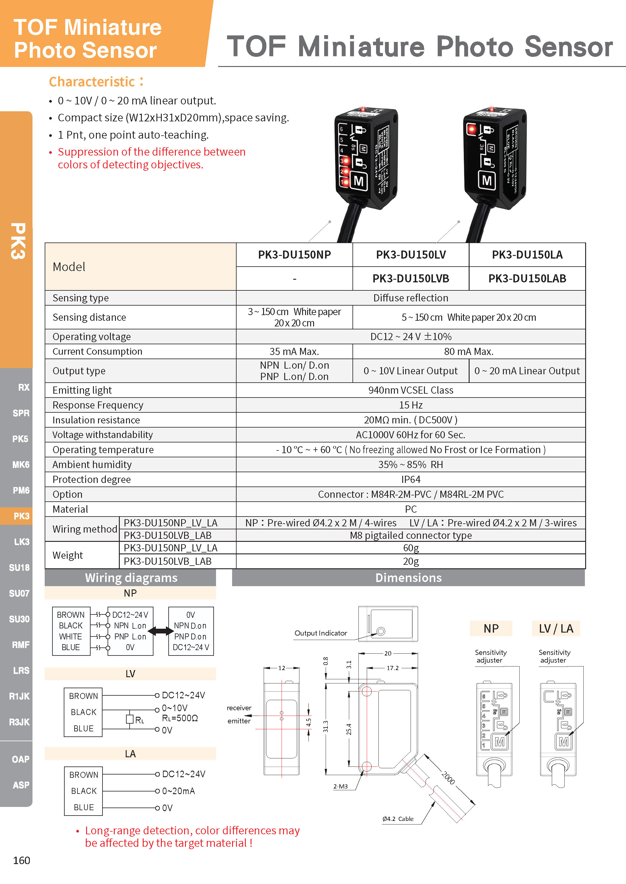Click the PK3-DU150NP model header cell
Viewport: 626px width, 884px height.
point(294,254)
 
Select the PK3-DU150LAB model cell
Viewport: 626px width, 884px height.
point(527,279)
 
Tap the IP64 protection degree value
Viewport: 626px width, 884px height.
point(411,479)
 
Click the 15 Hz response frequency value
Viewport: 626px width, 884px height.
point(411,405)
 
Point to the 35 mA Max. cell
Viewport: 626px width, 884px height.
point(294,351)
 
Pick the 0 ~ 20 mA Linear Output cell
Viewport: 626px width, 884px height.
point(527,371)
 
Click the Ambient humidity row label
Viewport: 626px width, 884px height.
point(92,465)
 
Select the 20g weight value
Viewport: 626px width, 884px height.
point(411,561)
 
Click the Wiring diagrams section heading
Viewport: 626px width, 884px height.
point(131,578)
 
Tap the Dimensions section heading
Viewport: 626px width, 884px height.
point(408,578)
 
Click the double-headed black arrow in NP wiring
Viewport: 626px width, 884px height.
point(161,631)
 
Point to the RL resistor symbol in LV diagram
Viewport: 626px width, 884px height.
point(130,719)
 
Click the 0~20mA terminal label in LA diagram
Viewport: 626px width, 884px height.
point(178,791)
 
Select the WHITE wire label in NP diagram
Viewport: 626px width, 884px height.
point(71,636)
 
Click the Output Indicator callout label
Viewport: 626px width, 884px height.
point(321,633)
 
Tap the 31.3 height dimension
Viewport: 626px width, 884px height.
point(326,726)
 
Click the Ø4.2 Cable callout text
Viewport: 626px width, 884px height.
point(398,819)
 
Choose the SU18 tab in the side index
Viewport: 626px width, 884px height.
point(19,567)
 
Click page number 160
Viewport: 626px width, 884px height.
point(21,860)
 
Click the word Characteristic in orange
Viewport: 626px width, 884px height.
point(92,82)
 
